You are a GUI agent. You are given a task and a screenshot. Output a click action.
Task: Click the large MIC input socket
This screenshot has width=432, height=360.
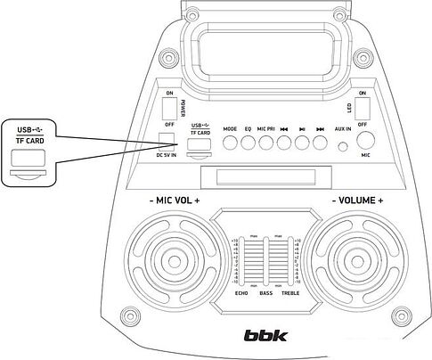[365, 141]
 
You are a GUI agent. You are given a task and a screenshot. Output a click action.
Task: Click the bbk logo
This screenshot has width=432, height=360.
[263, 337]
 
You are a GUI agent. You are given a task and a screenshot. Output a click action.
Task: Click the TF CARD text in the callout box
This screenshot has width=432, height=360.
[30, 141]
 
